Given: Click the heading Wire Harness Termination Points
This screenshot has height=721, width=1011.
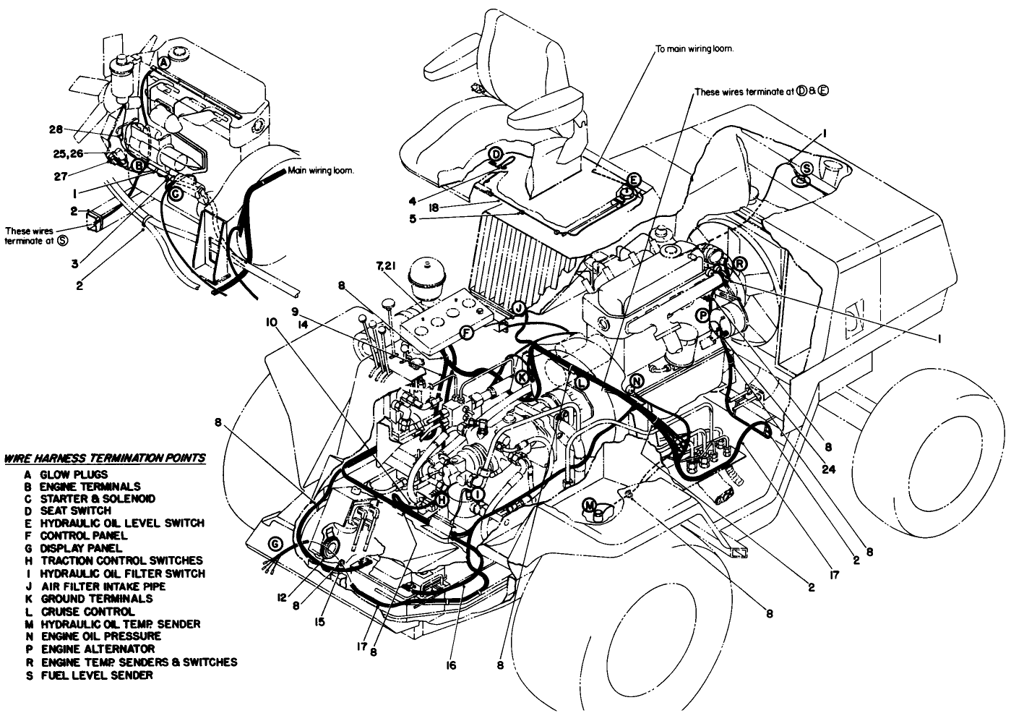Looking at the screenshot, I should tap(105, 458).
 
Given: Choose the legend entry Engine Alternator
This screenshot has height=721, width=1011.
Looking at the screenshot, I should tap(90, 649).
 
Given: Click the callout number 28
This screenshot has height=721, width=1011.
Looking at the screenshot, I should tap(56, 129).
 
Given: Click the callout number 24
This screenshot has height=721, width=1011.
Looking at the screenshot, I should tap(831, 467).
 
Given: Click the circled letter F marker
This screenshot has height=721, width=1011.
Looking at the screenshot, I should tap(466, 332).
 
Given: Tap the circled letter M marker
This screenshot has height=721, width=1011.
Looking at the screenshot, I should tap(590, 504).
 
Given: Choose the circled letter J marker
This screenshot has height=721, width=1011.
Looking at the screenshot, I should tap(517, 308).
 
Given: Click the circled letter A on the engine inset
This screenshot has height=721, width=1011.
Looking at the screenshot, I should tap(164, 63).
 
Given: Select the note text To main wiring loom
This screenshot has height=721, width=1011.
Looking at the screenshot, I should tap(694, 50).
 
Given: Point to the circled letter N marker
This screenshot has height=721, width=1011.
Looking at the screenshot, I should tap(636, 381).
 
